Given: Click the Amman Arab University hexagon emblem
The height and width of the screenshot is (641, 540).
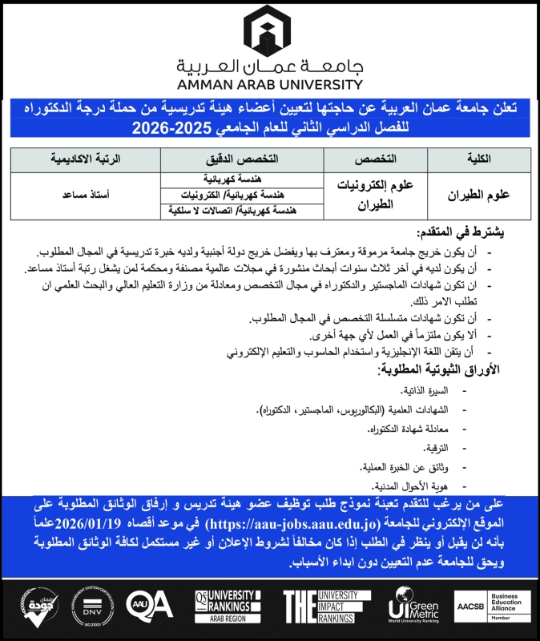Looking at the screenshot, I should pos(270,29).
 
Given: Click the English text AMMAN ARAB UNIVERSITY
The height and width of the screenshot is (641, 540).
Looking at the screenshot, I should pos(270,83).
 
